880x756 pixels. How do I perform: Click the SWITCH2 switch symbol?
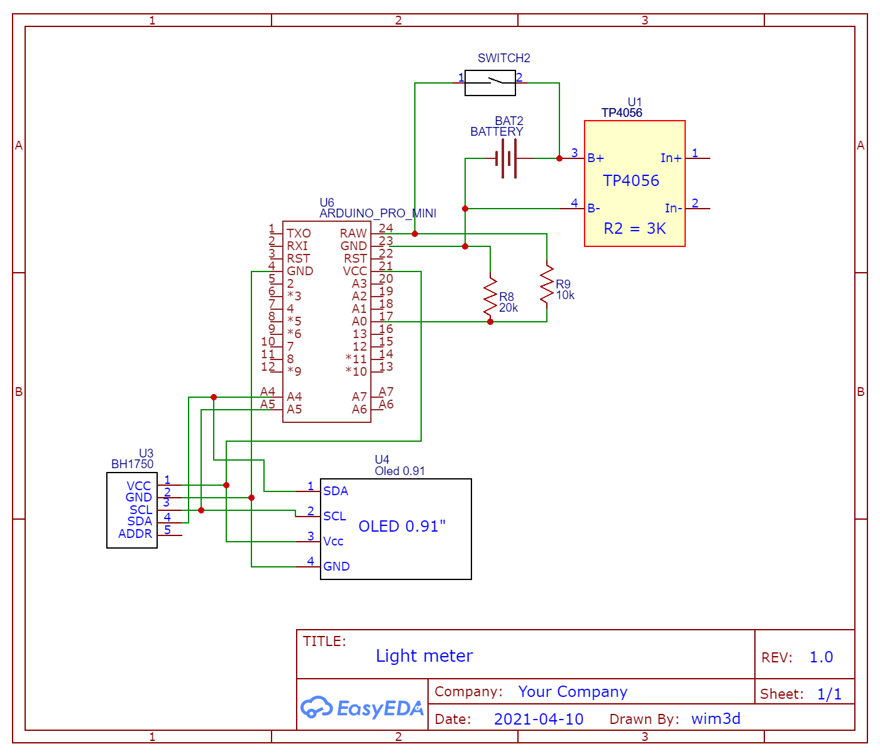pos(490,82)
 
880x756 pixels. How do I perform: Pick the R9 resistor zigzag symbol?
pos(547,284)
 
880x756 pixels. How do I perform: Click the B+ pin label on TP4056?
pos(595,158)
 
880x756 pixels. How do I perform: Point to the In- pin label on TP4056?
pos(673,209)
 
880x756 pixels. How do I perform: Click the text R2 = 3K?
pos(634,229)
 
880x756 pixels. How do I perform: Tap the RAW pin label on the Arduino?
pos(353,234)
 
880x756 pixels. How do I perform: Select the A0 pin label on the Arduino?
pos(359,322)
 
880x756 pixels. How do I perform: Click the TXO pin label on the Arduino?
pos(299,234)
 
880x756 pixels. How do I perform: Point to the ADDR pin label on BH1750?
pos(135,534)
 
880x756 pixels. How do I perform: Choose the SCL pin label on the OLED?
pos(334,517)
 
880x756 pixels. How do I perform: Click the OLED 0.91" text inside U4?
pos(402,527)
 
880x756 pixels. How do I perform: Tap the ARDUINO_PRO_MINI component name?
pos(377,214)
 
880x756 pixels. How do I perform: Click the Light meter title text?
pos(424,656)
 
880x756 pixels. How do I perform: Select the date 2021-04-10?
pos(539,720)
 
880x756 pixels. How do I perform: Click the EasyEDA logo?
pos(362,708)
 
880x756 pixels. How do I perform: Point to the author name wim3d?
pos(715,719)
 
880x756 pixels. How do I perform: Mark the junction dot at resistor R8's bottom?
pos(490,322)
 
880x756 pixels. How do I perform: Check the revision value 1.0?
pos(821,657)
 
